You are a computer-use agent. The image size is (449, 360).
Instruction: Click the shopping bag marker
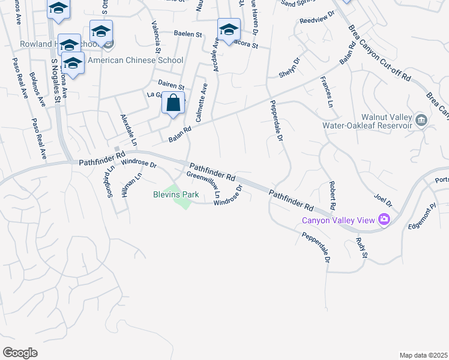tap(173, 103)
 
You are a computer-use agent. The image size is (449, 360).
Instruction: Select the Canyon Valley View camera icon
tap(385, 220)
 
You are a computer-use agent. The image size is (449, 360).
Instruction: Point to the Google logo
tap(20, 352)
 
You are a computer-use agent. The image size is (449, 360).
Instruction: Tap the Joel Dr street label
tap(382, 199)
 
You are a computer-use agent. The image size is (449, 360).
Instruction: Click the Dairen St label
tap(171, 86)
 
